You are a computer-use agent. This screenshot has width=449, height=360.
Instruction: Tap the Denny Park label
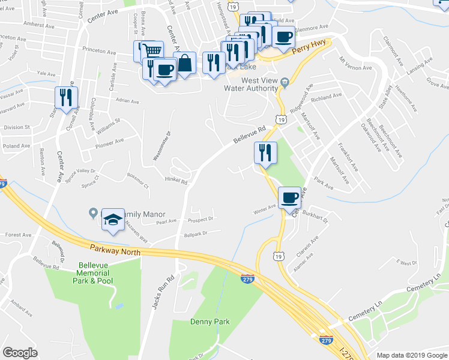tap(210, 322)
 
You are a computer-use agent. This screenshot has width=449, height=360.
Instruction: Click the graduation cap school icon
tap(112, 219)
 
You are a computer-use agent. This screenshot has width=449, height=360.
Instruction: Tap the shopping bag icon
tap(185, 62)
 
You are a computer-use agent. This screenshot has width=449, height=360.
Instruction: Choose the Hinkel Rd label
tap(176, 181)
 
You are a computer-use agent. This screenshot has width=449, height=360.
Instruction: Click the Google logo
tap(20, 353)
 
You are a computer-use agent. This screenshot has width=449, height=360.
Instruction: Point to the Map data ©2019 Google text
tap(412, 355)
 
